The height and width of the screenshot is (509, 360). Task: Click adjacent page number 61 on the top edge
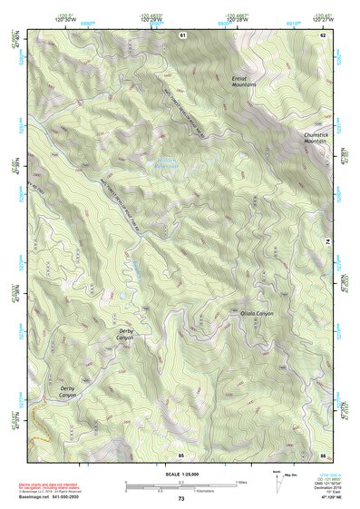[181, 34]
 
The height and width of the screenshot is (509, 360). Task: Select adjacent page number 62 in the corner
[322, 34]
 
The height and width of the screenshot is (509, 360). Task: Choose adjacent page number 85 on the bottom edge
[181, 454]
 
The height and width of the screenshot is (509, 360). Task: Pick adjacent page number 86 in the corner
[322, 454]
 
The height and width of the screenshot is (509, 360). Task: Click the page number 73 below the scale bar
[181, 499]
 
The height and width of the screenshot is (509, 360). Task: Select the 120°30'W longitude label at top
[63, 18]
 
